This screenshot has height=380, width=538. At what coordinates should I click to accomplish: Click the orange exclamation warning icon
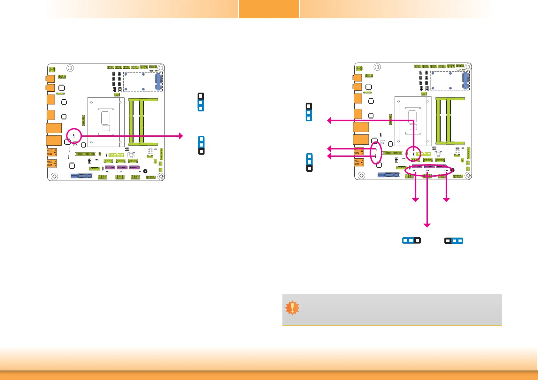click(x=292, y=308)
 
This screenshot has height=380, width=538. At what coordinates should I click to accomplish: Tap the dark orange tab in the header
click(x=269, y=9)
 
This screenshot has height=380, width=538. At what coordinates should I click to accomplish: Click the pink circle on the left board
click(x=74, y=136)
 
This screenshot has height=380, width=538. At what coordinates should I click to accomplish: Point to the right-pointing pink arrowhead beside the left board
click(x=181, y=136)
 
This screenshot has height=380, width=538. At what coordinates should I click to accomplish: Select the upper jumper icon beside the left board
click(x=201, y=102)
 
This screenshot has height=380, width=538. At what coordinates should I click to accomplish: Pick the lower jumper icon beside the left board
click(x=201, y=145)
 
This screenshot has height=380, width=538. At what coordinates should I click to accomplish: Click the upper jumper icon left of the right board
click(x=309, y=112)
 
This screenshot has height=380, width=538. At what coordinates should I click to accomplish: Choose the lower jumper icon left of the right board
click(x=309, y=163)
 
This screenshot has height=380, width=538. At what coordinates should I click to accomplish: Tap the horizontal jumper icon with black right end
click(x=411, y=240)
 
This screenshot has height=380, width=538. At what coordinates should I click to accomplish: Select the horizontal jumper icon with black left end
click(x=454, y=241)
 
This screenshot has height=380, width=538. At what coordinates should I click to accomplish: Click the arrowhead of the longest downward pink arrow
click(x=427, y=225)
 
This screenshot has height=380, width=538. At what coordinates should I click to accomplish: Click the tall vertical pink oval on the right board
click(x=376, y=153)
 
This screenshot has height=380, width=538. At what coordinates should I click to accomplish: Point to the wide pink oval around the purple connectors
click(x=429, y=170)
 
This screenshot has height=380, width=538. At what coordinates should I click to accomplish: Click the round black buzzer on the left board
click(x=145, y=171)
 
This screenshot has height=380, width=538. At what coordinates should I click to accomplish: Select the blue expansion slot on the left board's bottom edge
click(x=81, y=176)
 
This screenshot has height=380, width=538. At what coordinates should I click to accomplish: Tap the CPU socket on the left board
click(x=106, y=121)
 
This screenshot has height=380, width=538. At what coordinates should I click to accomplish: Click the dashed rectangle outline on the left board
click(x=143, y=82)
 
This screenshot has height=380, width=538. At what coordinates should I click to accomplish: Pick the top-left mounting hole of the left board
click(x=70, y=68)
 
